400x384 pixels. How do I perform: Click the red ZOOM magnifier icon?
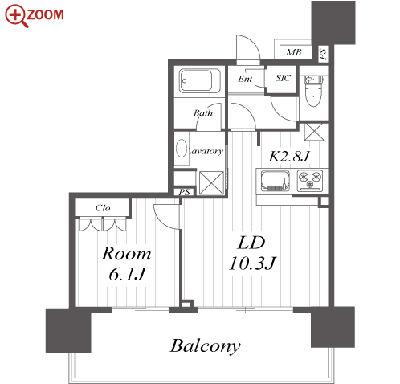17,15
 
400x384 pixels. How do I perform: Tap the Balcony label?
205,346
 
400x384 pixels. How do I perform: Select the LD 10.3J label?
251,253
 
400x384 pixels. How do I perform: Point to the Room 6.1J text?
126,263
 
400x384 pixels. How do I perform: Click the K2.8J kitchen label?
289,156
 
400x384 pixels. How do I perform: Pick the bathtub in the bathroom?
199,80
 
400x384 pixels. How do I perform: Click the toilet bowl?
313,92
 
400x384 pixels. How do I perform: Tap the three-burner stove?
310,180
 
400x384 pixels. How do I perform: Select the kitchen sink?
276,181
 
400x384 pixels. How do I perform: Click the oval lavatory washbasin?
182,148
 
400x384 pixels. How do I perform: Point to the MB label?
294,52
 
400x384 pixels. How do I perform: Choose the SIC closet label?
283,78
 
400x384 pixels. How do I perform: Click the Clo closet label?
103,208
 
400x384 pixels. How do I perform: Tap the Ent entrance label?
245,79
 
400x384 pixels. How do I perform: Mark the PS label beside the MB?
323,54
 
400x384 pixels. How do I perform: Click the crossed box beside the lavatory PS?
211,183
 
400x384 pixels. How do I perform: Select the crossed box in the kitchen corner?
314,132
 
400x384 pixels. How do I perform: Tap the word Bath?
203,112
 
